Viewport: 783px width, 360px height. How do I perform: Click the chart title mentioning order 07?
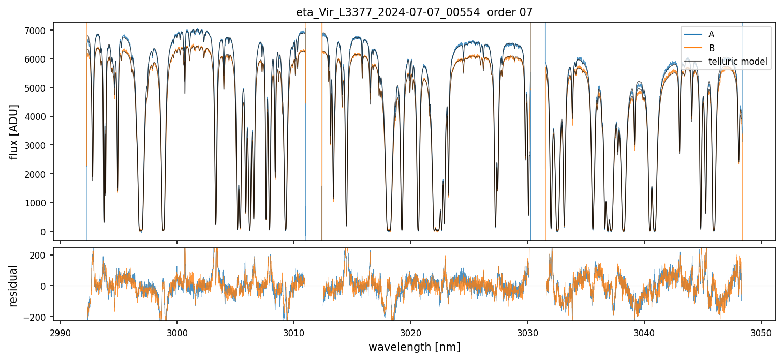click(414, 12)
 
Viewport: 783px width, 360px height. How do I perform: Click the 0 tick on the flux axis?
click(43, 231)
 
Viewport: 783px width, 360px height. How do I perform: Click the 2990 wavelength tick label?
click(61, 332)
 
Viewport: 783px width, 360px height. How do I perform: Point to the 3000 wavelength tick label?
click(177, 332)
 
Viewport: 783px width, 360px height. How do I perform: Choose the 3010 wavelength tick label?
click(294, 332)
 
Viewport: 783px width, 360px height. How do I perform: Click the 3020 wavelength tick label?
click(410, 332)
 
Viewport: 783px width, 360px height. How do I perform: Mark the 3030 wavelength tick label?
click(527, 332)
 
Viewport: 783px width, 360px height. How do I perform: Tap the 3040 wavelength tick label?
click(644, 332)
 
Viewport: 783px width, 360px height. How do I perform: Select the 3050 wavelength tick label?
click(761, 332)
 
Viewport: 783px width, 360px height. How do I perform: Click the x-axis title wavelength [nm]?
click(414, 347)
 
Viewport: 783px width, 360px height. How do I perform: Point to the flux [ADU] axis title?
click(14, 131)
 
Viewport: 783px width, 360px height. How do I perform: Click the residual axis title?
click(14, 286)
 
